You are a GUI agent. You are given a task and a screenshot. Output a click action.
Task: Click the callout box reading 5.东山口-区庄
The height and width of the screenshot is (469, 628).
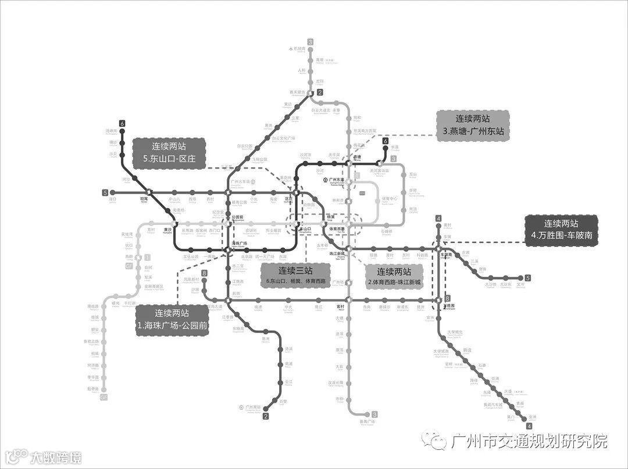pyautogui.click(x=170, y=153)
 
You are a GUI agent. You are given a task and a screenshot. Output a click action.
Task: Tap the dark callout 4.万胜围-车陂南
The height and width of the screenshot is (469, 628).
pyautogui.click(x=561, y=230)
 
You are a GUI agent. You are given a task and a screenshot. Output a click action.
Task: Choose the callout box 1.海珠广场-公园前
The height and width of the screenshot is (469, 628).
pyautogui.click(x=172, y=321)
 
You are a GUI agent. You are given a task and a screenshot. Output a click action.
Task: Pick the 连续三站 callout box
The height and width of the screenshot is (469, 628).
pyautogui.click(x=295, y=275)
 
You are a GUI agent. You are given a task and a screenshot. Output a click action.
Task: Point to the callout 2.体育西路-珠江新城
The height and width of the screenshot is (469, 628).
pyautogui.click(x=395, y=277)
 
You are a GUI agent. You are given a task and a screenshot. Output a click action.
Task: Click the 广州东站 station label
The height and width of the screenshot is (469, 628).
pyautogui.click(x=337, y=180)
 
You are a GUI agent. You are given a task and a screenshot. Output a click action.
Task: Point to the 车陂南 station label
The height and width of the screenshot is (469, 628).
pyautogui.click(x=447, y=255)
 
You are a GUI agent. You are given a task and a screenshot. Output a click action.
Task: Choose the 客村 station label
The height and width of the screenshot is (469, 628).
pyautogui.click(x=341, y=306)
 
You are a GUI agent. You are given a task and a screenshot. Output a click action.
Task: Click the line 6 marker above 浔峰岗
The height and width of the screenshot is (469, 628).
pyautogui.click(x=122, y=123)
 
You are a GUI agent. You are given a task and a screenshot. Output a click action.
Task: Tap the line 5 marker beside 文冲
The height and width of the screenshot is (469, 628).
pyautogui.click(x=528, y=278)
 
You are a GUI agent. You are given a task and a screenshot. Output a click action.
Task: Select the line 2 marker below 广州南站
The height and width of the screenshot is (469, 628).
pyautogui.click(x=266, y=416)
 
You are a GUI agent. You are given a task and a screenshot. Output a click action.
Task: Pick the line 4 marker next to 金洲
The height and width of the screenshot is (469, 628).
pyautogui.click(x=529, y=425)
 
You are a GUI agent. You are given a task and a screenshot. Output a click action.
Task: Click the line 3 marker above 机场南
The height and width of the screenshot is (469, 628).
pyautogui.click(x=311, y=42)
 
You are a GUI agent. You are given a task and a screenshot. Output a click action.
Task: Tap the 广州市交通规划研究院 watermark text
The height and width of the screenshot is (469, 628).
pyautogui.click(x=529, y=441)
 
